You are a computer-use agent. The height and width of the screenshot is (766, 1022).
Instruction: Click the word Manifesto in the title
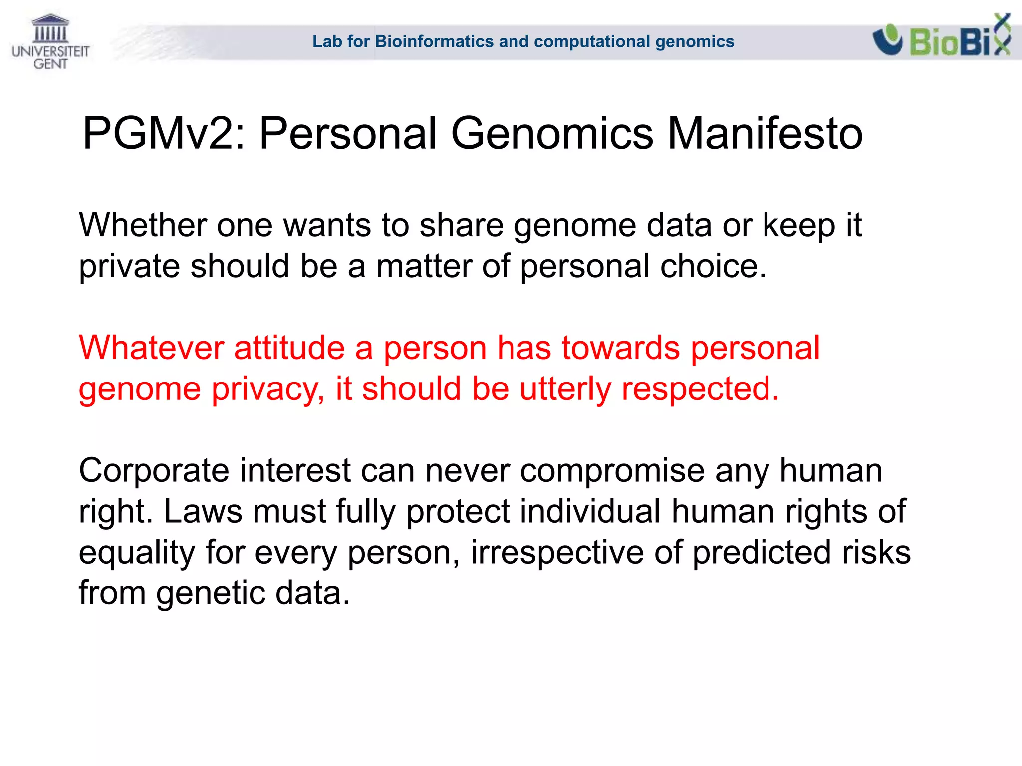click(765, 134)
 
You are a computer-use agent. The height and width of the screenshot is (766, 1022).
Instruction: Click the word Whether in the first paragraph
click(142, 225)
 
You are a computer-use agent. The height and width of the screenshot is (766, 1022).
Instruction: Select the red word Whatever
click(151, 348)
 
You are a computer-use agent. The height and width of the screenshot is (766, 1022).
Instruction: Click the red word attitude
click(289, 348)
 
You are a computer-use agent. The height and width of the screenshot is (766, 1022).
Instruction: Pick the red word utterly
click(565, 389)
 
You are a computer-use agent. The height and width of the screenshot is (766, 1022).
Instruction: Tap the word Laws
click(203, 511)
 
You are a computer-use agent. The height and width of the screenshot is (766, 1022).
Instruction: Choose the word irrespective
click(557, 553)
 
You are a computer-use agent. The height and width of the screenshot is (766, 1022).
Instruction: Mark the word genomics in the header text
click(695, 41)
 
